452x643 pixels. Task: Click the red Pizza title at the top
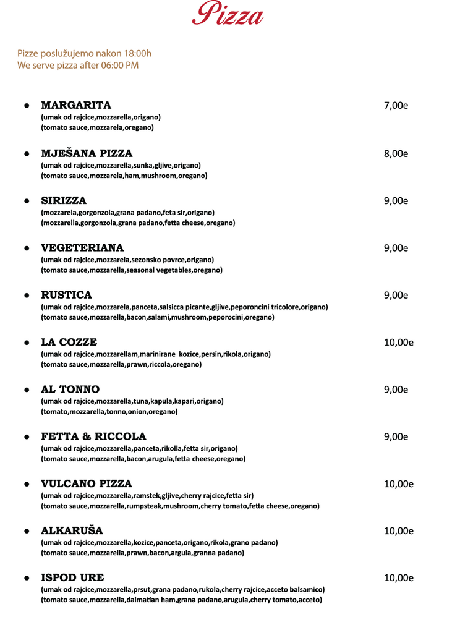point(228,14)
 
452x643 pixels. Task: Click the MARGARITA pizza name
point(76,105)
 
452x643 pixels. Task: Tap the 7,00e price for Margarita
point(396,105)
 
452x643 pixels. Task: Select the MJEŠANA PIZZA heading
point(87,153)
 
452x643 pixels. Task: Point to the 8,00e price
point(396,153)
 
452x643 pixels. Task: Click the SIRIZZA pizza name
point(64,200)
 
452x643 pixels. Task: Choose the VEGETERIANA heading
point(82,248)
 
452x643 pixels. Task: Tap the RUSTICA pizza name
point(66,295)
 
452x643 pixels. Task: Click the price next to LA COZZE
point(398,342)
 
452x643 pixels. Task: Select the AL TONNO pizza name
point(70,390)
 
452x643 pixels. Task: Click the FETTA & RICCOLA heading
point(93,436)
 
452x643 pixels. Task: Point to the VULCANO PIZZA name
point(87,483)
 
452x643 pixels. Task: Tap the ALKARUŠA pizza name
point(72,530)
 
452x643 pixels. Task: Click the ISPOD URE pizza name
point(72,577)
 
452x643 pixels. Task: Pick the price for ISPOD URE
point(398,577)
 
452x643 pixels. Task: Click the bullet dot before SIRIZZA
point(27,201)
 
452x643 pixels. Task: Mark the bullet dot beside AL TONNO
point(27,390)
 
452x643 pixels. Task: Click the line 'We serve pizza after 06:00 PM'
point(78,65)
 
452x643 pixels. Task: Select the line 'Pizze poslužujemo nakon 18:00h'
point(84,53)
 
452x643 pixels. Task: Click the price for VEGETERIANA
point(396,248)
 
